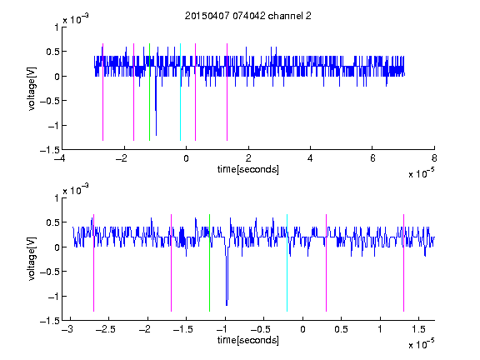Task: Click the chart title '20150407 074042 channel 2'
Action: coord(248,16)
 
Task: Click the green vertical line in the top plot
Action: coord(149,92)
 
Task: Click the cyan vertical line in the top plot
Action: coord(180,92)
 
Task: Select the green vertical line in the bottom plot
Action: coord(209,262)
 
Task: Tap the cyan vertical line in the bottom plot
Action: coord(287,262)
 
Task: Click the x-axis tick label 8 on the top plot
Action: coord(434,158)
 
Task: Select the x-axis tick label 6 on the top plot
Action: coord(372,158)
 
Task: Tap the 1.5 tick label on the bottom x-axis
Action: coord(419,329)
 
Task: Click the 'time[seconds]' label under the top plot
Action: coord(248,169)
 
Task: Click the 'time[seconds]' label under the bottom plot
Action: coord(248,340)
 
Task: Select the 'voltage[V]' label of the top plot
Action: coord(32,88)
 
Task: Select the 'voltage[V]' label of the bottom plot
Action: coord(32,259)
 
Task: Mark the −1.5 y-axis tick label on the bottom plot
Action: coord(50,321)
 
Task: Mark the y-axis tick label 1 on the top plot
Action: coord(57,27)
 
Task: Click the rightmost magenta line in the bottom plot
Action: coord(403,262)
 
